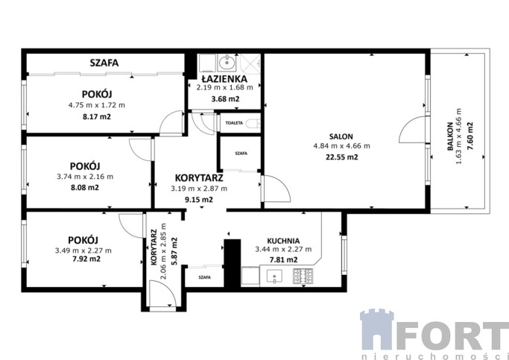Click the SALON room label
341,136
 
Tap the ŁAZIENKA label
224,79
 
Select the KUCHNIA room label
283,241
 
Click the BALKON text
450,136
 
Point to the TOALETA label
234,123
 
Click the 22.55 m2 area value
341,157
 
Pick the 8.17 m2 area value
97,116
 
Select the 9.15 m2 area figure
199,199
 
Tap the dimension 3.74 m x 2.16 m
85,177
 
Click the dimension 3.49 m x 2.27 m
83,250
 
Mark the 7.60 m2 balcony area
470,136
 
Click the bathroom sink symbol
227,63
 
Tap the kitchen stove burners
303,276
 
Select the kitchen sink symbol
274,277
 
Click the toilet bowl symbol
253,124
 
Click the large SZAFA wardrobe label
104,63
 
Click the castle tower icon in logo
376,329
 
